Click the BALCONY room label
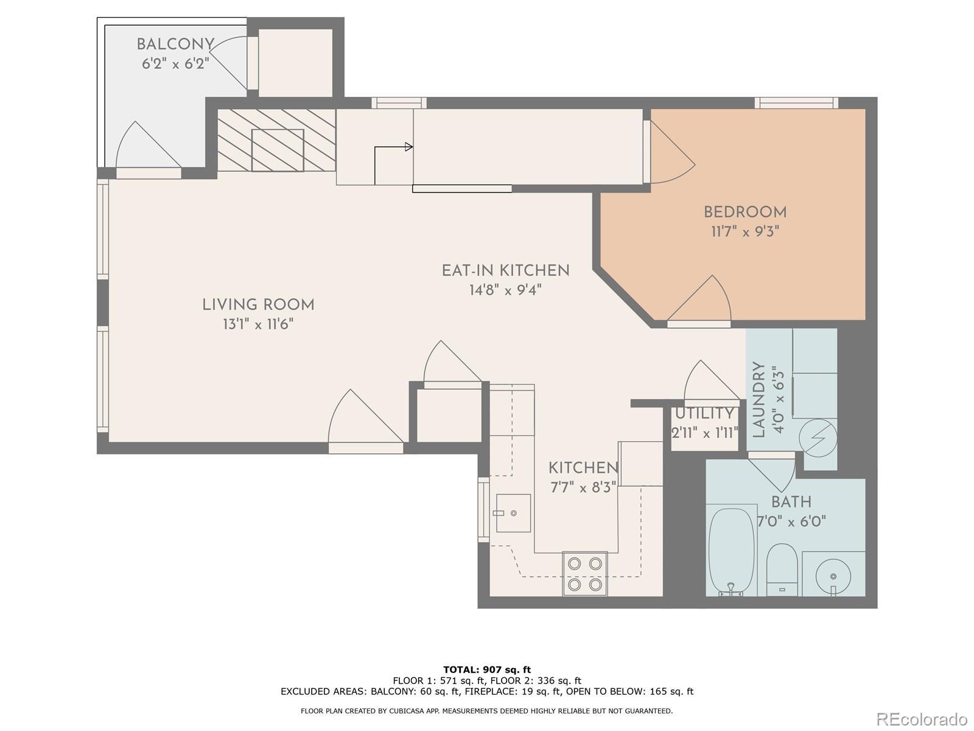[x=175, y=44]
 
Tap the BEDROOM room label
[x=745, y=212]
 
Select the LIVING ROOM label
[x=258, y=305]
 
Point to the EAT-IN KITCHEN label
[x=505, y=270]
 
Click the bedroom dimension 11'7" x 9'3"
[x=745, y=231]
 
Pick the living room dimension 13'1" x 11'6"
[x=258, y=325]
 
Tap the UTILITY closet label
[x=704, y=414]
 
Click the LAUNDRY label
[x=759, y=400]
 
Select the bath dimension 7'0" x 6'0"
[x=791, y=521]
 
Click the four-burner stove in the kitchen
[x=585, y=574]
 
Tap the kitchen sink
[x=513, y=513]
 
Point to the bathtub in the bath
[x=731, y=550]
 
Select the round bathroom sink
[x=833, y=576]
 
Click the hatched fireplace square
[x=278, y=150]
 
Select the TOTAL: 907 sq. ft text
[x=487, y=669]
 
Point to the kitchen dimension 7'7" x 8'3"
[x=583, y=488]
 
